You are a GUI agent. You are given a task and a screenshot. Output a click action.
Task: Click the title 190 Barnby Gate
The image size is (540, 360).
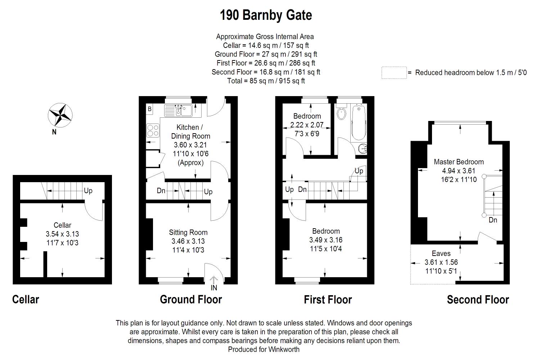pyautogui.click(x=266, y=15)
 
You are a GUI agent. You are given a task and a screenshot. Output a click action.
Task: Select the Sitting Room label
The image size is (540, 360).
pyautogui.click(x=188, y=233)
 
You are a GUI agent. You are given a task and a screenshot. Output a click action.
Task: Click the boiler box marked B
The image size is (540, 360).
pyautogui.click(x=150, y=109)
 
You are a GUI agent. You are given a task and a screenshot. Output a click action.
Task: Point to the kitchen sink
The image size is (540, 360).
pyautogui.click(x=179, y=110)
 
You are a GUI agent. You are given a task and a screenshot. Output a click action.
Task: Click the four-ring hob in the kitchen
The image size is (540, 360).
pyautogui.click(x=153, y=130)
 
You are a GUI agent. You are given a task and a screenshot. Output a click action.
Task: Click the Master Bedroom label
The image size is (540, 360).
pyautogui.click(x=459, y=162)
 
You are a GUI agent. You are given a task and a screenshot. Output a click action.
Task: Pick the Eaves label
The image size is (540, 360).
pyautogui.click(x=441, y=253)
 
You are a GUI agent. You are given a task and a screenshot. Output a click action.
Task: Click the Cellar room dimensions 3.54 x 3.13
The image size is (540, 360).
pyautogui.click(x=62, y=234)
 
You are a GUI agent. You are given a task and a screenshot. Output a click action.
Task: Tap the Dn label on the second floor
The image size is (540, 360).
pyautogui.click(x=493, y=220)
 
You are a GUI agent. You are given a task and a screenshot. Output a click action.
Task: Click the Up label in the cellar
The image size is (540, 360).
pyautogui.click(x=88, y=191)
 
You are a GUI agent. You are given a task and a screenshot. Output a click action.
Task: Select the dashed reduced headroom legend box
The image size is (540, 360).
pyautogui.click(x=394, y=73)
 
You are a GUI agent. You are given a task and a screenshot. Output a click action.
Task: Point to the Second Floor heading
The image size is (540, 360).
pyautogui.click(x=478, y=300)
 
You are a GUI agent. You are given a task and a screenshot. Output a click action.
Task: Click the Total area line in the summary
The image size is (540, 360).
pyautogui.click(x=266, y=81)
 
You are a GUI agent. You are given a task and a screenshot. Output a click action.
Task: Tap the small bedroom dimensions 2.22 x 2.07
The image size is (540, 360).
pyautogui.click(x=307, y=125)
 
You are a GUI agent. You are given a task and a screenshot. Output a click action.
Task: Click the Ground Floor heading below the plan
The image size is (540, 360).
pyautogui.click(x=191, y=299)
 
